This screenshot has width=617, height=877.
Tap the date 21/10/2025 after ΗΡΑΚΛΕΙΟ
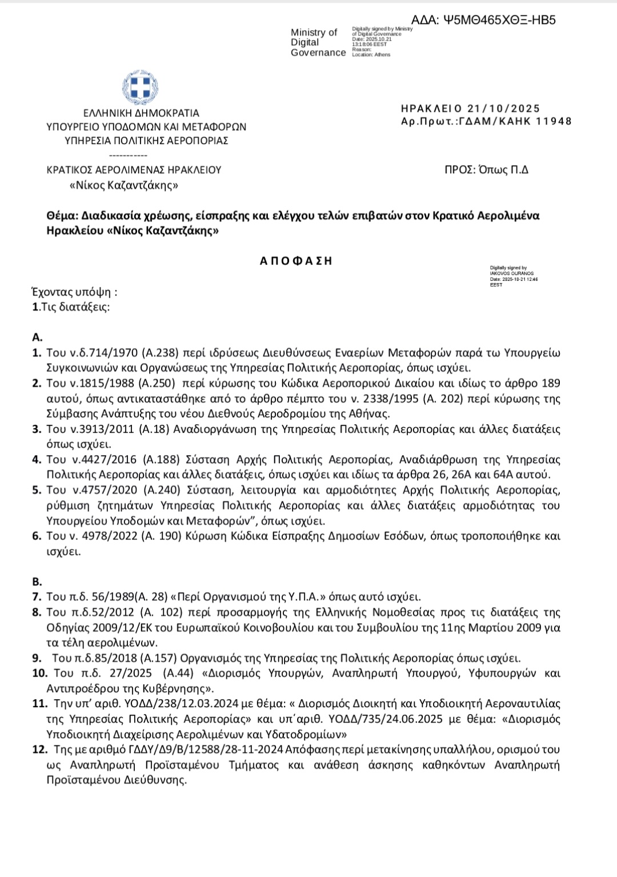(x=503, y=109)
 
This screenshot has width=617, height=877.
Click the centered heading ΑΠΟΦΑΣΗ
(x=296, y=261)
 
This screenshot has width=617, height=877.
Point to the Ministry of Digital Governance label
(x=318, y=43)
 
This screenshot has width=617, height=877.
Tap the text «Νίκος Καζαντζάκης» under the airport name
(x=124, y=185)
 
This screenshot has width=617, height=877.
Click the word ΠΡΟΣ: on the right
(x=459, y=170)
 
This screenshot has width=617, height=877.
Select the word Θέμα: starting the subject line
(x=62, y=216)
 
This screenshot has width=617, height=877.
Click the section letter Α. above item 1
(x=37, y=337)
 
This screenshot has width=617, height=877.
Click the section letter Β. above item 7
(x=37, y=582)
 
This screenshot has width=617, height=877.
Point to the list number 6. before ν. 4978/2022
(x=37, y=536)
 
